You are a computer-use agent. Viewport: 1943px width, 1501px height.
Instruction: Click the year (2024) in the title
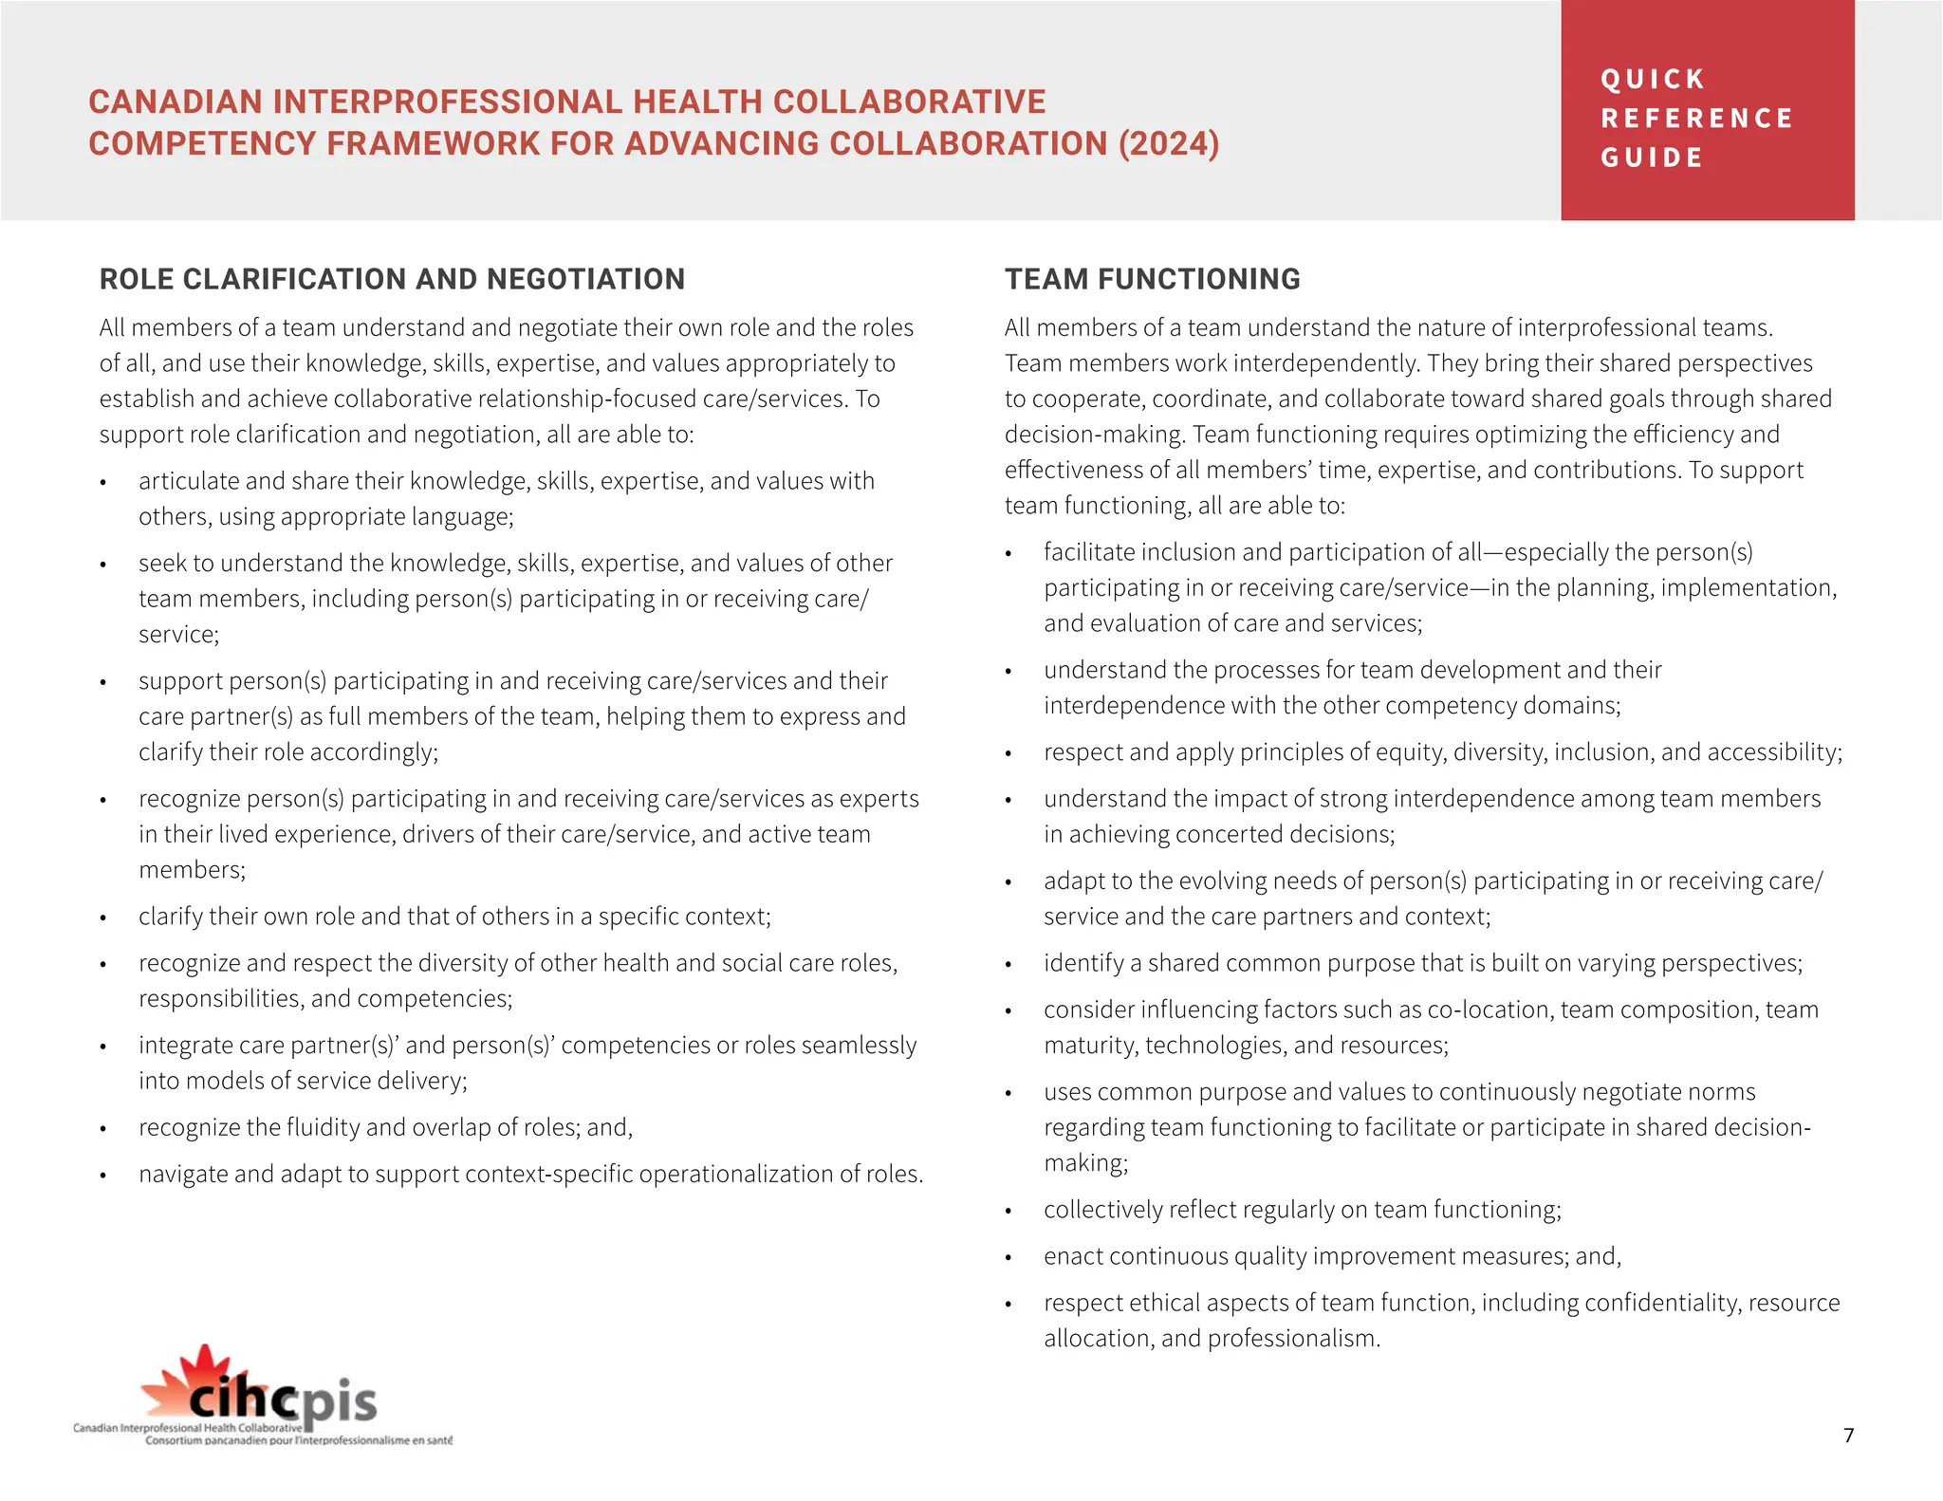click(1168, 143)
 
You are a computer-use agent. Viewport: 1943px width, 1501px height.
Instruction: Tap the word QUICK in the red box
click(1653, 79)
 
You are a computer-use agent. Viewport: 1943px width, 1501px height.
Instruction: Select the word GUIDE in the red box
click(1653, 158)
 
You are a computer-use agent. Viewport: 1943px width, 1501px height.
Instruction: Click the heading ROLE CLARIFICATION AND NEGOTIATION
click(392, 279)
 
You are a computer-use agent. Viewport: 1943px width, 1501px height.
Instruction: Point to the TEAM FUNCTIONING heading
click(1153, 279)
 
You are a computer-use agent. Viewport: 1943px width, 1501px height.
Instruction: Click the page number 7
click(1848, 1435)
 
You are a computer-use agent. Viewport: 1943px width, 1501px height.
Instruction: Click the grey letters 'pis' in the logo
click(340, 1401)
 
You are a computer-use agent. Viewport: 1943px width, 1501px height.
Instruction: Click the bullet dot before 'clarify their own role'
click(103, 918)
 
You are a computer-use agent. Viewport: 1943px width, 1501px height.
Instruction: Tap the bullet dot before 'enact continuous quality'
click(1009, 1258)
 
